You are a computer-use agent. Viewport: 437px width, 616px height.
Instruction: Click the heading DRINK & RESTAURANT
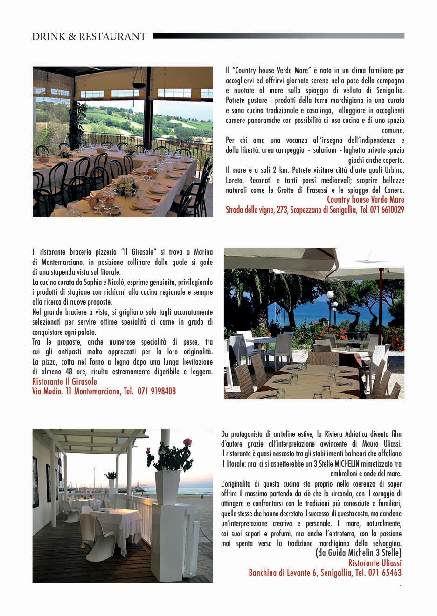89,36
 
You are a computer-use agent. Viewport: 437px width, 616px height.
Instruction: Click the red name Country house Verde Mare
365,200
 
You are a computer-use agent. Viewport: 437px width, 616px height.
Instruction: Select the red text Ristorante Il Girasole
64,382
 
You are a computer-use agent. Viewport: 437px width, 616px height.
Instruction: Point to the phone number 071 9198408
157,392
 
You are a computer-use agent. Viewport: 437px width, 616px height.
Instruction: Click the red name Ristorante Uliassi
375,563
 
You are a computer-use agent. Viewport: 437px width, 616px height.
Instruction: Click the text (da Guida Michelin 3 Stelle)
358,553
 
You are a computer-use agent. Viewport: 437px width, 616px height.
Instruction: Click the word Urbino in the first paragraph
395,170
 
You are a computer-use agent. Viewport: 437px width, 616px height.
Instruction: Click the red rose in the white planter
188,441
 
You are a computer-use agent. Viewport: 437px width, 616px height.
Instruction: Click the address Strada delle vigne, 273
257,210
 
